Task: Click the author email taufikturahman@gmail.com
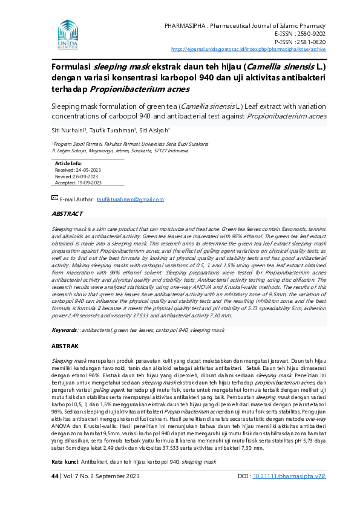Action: pos(130,199)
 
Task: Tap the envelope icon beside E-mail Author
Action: pos(54,198)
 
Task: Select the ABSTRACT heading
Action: pos(67,214)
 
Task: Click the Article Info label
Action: pos(68,164)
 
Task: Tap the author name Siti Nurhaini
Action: pos(68,130)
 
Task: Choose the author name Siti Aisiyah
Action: pos(156,130)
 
